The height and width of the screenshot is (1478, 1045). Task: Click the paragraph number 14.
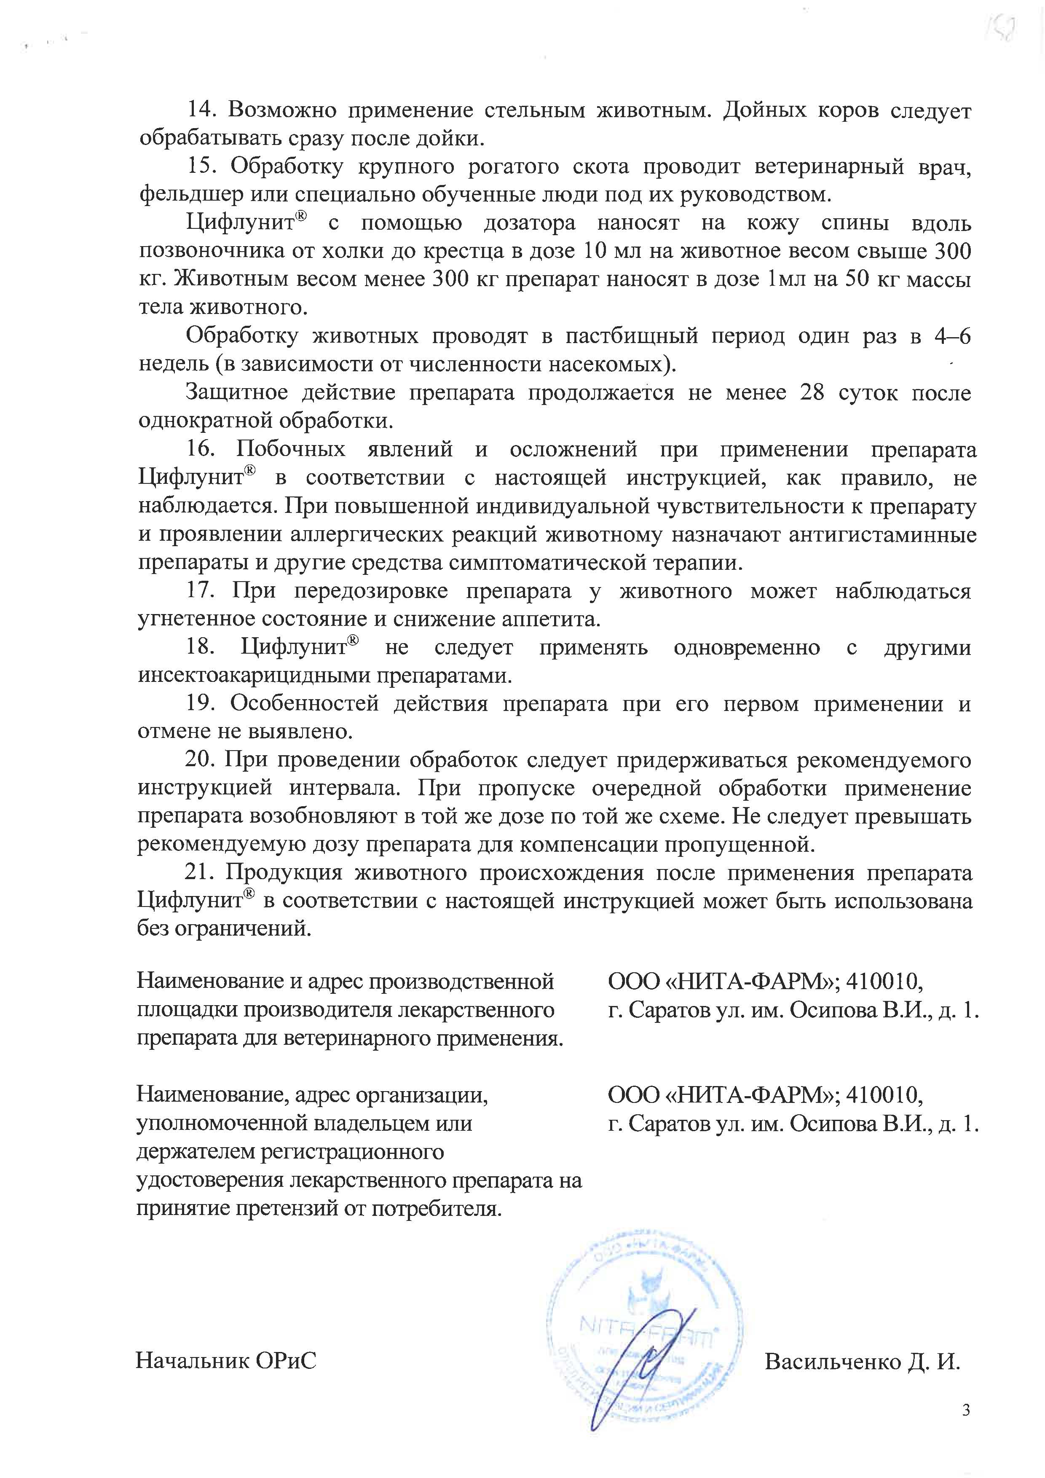(x=200, y=111)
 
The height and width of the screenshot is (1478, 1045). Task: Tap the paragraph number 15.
(x=200, y=167)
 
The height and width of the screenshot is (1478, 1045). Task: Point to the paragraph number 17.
(x=201, y=591)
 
